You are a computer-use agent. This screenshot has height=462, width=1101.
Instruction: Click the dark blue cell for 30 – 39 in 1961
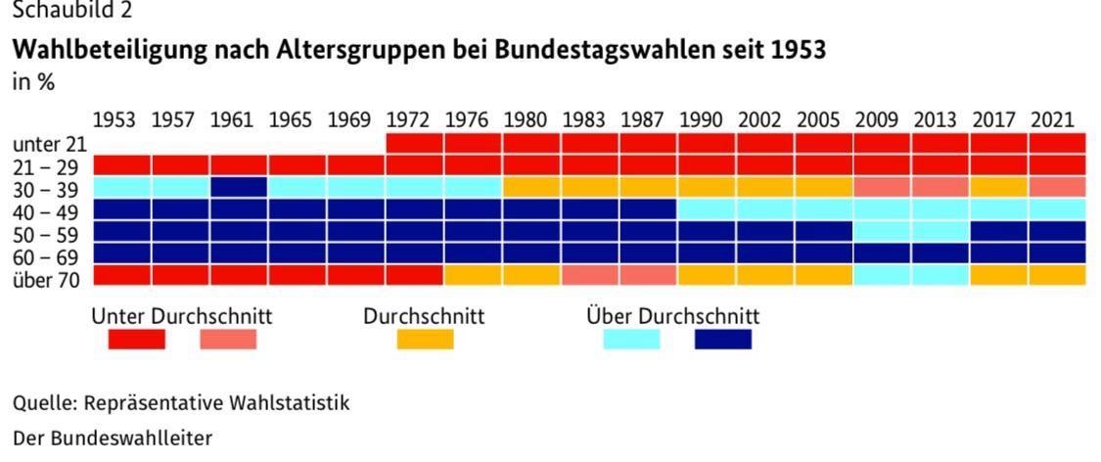point(239,187)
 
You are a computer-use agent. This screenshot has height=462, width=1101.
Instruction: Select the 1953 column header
point(115,121)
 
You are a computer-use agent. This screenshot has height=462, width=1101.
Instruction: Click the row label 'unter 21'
point(50,144)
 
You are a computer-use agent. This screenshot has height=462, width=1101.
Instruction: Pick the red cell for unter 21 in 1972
point(414,143)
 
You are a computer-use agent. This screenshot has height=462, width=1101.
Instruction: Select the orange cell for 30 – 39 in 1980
point(531,187)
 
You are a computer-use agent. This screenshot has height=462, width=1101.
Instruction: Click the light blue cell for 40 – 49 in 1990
point(707,209)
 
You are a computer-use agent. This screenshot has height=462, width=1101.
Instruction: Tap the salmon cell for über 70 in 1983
point(589,275)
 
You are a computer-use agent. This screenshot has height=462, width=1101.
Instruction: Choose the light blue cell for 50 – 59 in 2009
point(882,231)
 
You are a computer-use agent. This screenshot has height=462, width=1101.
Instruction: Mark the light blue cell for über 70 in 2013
point(940,275)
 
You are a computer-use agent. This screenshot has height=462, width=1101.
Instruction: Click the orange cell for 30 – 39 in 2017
point(998,187)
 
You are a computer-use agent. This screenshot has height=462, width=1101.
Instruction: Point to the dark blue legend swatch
point(723,340)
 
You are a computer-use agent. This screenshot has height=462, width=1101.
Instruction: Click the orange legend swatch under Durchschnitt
point(425,340)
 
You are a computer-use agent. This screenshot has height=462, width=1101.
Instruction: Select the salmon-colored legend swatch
point(228,340)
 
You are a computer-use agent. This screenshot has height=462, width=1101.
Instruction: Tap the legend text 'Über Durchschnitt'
point(672,317)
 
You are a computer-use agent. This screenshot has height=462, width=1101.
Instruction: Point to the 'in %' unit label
point(33,83)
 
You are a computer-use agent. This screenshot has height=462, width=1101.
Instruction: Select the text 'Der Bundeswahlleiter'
point(112,438)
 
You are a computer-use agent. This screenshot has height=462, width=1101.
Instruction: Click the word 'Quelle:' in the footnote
point(45,402)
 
